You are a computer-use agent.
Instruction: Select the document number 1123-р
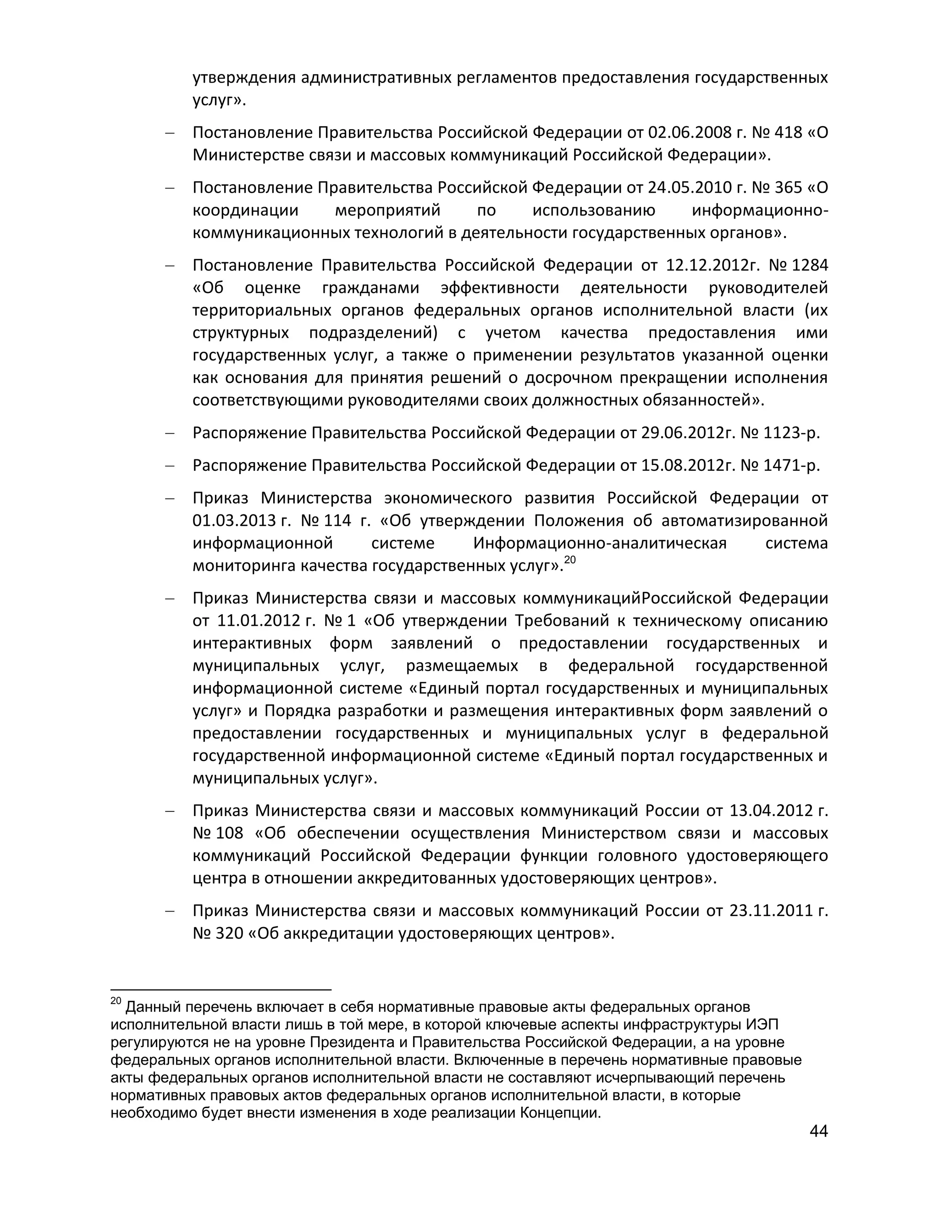point(789,432)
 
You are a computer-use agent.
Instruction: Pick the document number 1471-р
point(789,465)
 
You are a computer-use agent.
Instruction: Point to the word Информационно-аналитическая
point(600,543)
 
